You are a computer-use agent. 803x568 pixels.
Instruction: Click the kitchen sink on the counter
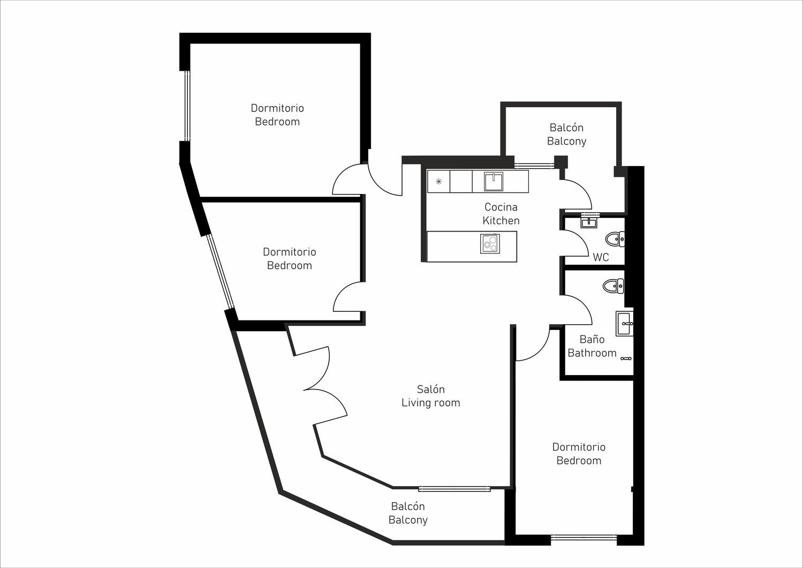tap(493, 182)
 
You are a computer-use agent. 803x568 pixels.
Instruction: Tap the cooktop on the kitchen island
tap(490, 244)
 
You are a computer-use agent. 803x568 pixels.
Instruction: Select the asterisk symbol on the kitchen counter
tap(438, 182)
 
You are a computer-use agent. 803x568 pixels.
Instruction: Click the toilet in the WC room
tap(615, 238)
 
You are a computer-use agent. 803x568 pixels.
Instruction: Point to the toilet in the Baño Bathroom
tap(613, 286)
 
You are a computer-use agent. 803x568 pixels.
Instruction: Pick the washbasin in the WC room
tap(589, 223)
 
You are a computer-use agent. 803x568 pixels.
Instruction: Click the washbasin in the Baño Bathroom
tap(625, 324)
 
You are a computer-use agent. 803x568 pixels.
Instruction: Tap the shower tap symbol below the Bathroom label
tap(626, 358)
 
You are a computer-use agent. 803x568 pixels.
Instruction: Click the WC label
tap(601, 257)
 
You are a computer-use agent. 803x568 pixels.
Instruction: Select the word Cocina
tap(501, 207)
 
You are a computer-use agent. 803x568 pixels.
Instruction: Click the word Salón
tap(430, 390)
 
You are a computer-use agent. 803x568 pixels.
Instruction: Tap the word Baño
tap(592, 339)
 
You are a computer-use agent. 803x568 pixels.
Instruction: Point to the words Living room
tap(430, 403)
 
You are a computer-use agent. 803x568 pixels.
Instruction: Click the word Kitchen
tap(501, 221)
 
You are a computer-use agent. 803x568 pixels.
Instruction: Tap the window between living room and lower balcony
tap(454, 489)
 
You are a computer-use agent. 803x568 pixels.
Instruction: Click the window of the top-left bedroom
tap(187, 106)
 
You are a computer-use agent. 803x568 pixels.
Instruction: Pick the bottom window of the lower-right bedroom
tap(584, 538)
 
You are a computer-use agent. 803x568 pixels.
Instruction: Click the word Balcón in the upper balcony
tap(566, 128)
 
